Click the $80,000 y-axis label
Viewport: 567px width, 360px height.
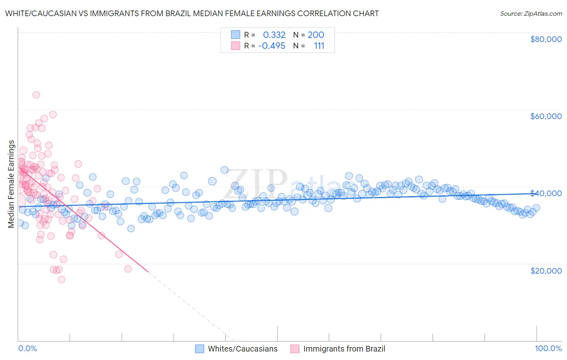pyautogui.click(x=546, y=39)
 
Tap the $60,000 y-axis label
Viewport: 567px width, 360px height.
pyautogui.click(x=546, y=116)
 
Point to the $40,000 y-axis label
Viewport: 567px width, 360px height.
pyautogui.click(x=546, y=193)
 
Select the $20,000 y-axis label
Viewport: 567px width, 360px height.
pyautogui.click(x=546, y=270)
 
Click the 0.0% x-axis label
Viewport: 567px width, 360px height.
pyautogui.click(x=27, y=348)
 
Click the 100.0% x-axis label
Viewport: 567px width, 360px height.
pyautogui.click(x=548, y=348)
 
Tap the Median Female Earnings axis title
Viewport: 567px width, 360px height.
pyautogui.click(x=11, y=184)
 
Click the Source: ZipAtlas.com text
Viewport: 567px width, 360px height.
pyautogui.click(x=531, y=13)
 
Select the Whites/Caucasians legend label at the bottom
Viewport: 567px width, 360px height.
pyautogui.click(x=243, y=349)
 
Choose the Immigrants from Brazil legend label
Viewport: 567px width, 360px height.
pyautogui.click(x=344, y=349)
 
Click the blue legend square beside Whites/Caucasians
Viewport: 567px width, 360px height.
pyautogui.click(x=199, y=349)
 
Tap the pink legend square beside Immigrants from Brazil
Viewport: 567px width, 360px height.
pyautogui.click(x=295, y=349)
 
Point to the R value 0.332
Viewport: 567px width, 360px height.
pyautogui.click(x=274, y=35)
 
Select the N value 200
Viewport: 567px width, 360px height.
pyautogui.click(x=316, y=35)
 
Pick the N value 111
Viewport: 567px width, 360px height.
pyautogui.click(x=319, y=46)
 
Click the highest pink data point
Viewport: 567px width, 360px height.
pyautogui.click(x=36, y=95)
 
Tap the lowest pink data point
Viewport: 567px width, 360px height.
pyautogui.click(x=61, y=279)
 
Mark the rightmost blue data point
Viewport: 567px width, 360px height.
pyautogui.click(x=536, y=208)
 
